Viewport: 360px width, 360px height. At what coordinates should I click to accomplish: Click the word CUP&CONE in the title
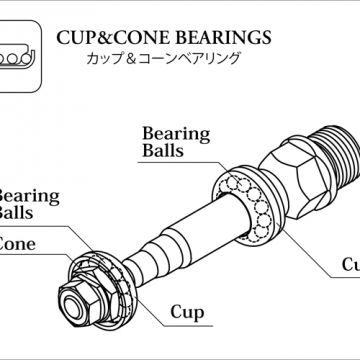click(107, 39)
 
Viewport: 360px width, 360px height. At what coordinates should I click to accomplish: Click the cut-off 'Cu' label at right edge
click(349, 265)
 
